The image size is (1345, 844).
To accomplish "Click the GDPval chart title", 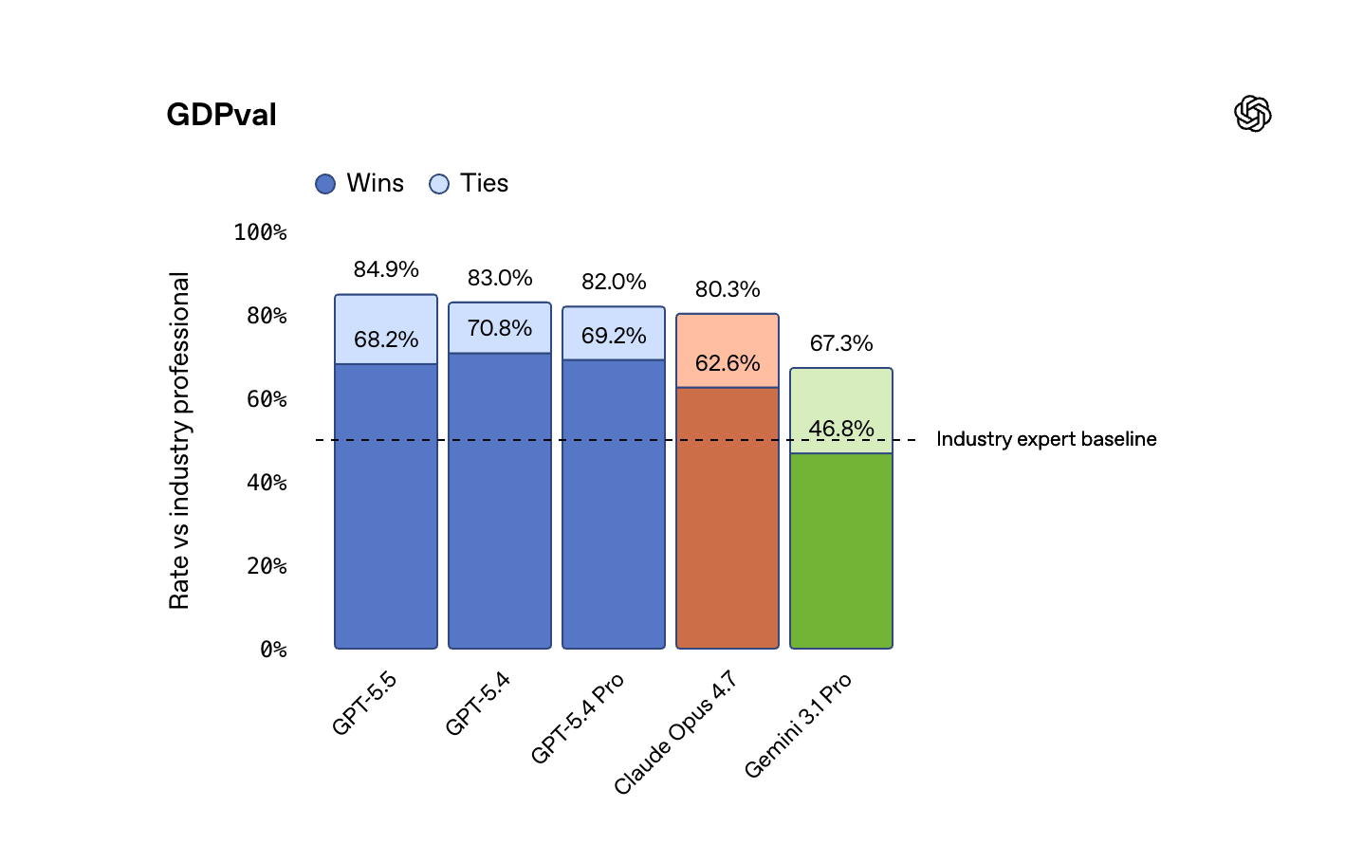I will click(221, 115).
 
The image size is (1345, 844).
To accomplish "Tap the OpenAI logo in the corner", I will click(1252, 114).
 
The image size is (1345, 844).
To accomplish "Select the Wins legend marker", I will click(325, 184).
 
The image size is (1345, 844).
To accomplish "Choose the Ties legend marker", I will click(438, 184).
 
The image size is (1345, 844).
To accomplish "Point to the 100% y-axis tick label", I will click(260, 232).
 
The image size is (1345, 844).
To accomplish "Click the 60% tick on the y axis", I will click(267, 399).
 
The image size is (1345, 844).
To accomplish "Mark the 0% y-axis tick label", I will click(273, 650).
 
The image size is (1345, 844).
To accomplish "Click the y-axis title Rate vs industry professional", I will click(179, 440).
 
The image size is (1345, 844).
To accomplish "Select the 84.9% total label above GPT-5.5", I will click(386, 269).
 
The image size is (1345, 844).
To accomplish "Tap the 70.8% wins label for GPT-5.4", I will click(500, 328).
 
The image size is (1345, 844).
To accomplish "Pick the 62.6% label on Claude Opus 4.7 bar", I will click(728, 363).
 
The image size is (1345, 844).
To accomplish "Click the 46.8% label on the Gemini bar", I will click(841, 429).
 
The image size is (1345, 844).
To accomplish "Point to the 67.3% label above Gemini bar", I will click(841, 343).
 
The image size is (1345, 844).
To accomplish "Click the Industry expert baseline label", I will click(1046, 439).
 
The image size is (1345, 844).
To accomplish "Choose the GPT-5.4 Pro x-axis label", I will click(578, 718).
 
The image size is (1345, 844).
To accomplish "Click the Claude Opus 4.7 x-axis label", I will click(675, 732).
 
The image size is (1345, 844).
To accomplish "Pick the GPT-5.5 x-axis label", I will click(364, 703).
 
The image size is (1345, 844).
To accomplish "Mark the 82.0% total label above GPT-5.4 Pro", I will click(614, 282).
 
